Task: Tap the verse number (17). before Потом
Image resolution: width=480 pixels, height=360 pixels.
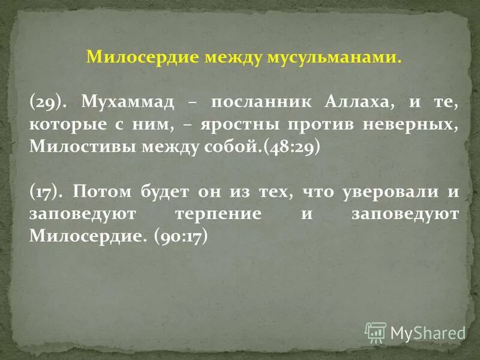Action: coord(47,191)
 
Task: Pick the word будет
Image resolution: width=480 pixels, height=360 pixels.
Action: coord(165,191)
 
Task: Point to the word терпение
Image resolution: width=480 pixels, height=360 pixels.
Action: coord(227,214)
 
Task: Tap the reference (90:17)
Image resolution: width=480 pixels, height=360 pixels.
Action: coord(180,237)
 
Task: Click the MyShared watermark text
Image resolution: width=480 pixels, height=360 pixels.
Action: coord(428,332)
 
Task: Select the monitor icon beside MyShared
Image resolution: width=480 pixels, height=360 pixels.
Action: coord(376,332)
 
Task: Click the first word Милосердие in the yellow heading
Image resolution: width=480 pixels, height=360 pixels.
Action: coord(144,58)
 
